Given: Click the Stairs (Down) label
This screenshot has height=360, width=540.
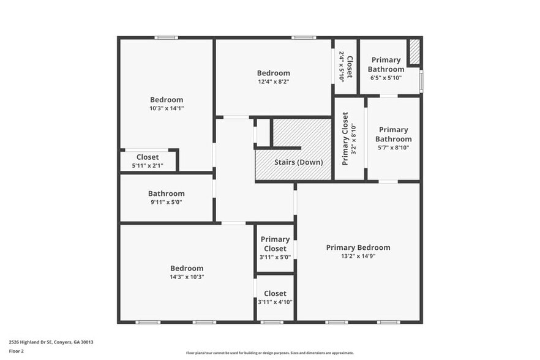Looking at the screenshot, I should coord(298,162).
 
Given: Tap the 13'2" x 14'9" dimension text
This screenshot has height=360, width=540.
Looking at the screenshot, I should coord(358,257).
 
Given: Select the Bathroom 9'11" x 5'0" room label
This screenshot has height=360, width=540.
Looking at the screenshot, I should coord(166,193).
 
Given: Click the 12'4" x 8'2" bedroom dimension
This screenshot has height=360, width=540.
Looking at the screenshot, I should coord(273,81).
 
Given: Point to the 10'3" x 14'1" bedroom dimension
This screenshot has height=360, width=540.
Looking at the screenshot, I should coord(167,108).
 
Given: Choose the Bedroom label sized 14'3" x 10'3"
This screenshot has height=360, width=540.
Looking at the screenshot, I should coord(187,268).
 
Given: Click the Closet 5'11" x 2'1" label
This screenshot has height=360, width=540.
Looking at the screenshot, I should coord(148,157).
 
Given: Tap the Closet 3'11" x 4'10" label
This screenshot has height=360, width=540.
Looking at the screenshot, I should coord(275,294).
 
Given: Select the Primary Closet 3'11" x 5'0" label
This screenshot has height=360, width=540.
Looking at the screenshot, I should coord(275,244).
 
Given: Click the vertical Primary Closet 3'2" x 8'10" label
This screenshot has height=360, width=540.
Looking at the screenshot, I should coord(345,138).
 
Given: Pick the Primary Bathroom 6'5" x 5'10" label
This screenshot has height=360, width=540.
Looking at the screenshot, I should coord(386,64).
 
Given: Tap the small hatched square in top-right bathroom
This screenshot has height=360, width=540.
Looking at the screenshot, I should coord(414,53).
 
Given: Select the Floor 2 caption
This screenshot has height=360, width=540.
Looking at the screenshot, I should coord(16,351).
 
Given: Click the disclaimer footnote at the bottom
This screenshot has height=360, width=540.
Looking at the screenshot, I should coord(269,353).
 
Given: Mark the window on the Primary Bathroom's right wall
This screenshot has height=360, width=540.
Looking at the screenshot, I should coord(421,79).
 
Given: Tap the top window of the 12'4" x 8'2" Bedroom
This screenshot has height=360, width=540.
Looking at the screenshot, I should coord(303,38).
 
